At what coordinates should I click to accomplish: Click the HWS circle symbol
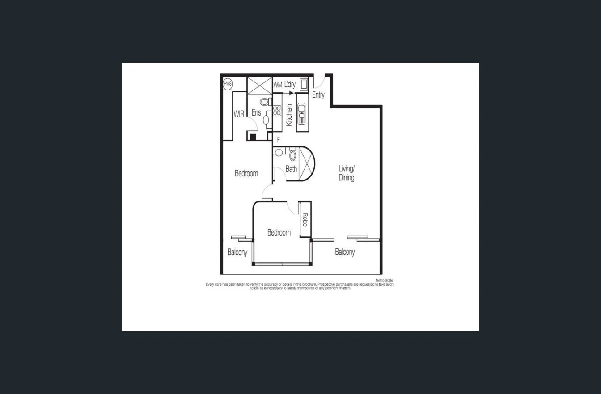(228, 84)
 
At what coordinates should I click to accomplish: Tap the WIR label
(239, 114)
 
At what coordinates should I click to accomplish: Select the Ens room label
(256, 112)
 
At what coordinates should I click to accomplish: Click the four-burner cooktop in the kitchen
(277, 111)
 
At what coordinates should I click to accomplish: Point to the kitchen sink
(301, 113)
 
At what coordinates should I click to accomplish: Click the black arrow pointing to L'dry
(291, 93)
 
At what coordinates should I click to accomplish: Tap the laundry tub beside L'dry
(304, 84)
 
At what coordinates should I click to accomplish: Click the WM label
(278, 85)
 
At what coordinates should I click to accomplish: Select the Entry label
(318, 95)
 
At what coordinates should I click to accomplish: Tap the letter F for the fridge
(279, 140)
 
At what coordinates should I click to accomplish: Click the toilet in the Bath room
(292, 155)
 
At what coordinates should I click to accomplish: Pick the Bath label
(291, 169)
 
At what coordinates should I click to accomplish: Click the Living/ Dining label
(346, 173)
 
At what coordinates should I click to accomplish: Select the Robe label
(305, 219)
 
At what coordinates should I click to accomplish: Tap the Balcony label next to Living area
(345, 252)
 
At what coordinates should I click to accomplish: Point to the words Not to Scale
(384, 280)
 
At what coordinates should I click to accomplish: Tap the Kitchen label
(289, 115)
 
